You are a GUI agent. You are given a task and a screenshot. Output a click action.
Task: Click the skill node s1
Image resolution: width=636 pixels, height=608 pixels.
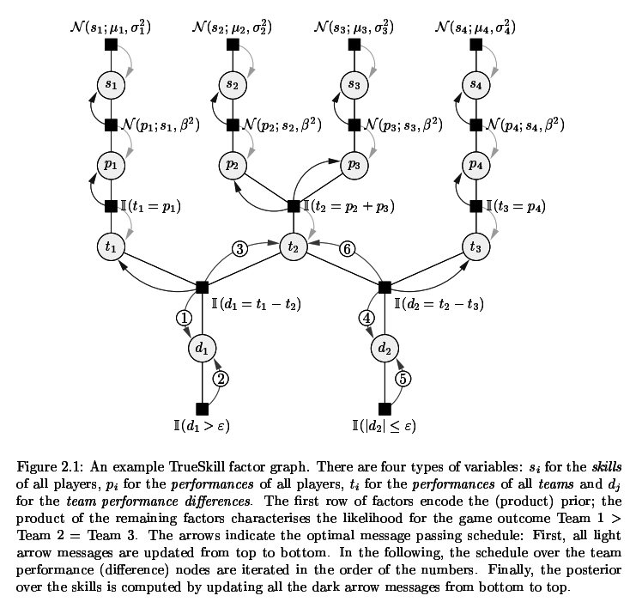[x=110, y=84]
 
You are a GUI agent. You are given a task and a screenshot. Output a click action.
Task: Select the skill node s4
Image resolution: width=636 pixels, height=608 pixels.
[x=476, y=84]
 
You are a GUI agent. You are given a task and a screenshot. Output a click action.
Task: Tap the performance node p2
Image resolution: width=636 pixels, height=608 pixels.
[x=232, y=165]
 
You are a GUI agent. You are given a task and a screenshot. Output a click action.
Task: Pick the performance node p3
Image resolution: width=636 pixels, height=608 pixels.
[x=354, y=165]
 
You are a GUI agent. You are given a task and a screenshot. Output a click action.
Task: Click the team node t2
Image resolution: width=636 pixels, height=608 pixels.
[x=294, y=246]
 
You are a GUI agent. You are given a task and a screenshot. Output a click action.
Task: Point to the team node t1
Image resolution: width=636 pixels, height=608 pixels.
[x=110, y=246]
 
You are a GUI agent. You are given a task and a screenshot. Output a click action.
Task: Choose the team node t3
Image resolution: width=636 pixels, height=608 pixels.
[x=476, y=246]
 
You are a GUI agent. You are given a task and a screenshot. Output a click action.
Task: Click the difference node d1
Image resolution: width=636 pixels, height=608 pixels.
[x=202, y=348]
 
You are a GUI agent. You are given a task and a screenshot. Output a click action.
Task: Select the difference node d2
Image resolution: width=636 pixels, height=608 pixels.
[x=385, y=348]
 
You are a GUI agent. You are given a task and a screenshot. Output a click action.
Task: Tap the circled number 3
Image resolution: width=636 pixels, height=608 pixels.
[x=241, y=249]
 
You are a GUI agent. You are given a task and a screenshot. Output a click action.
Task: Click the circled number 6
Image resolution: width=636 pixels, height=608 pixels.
[x=347, y=249]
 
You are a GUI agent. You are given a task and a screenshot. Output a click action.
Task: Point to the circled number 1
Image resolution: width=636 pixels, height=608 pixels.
[x=183, y=317]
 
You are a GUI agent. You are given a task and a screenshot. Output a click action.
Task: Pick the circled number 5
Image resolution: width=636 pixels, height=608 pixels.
[x=403, y=379]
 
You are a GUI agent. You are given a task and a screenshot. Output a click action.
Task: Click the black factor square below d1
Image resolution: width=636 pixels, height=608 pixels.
[x=202, y=409]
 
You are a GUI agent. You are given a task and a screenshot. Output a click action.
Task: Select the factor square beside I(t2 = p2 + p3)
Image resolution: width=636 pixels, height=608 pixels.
[x=294, y=206]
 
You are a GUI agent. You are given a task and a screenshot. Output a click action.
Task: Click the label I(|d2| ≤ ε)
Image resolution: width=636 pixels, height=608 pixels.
[x=385, y=425]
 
